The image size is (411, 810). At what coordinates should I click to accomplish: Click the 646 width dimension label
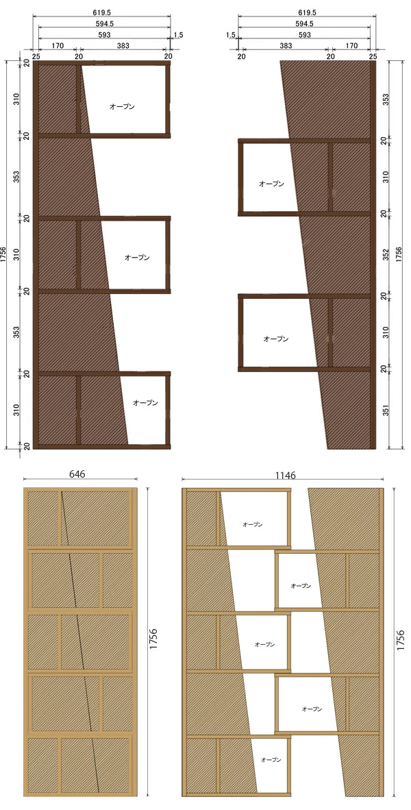coord(77,474)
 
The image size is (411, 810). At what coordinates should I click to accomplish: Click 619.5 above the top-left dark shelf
coord(101,12)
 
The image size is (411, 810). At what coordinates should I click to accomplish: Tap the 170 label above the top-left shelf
coord(58,45)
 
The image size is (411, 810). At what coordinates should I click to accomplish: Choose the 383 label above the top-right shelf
coord(285,45)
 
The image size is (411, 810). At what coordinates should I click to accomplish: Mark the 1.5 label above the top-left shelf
coord(178,35)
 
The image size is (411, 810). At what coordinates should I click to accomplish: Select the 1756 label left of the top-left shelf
coord(5,255)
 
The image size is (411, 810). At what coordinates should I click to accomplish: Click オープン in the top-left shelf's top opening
coord(122,106)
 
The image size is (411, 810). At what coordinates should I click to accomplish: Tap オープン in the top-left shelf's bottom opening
coord(145,402)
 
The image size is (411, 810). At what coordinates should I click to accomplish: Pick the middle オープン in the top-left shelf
coord(137,257)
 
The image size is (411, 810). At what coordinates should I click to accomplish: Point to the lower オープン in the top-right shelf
coord(276,339)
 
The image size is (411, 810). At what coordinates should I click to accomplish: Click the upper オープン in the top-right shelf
coord(271,184)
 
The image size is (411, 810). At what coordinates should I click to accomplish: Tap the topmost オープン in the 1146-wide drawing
coord(253,524)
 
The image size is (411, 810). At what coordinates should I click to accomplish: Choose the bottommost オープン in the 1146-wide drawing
coord(271,760)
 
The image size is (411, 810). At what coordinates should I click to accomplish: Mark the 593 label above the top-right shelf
coord(305,35)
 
